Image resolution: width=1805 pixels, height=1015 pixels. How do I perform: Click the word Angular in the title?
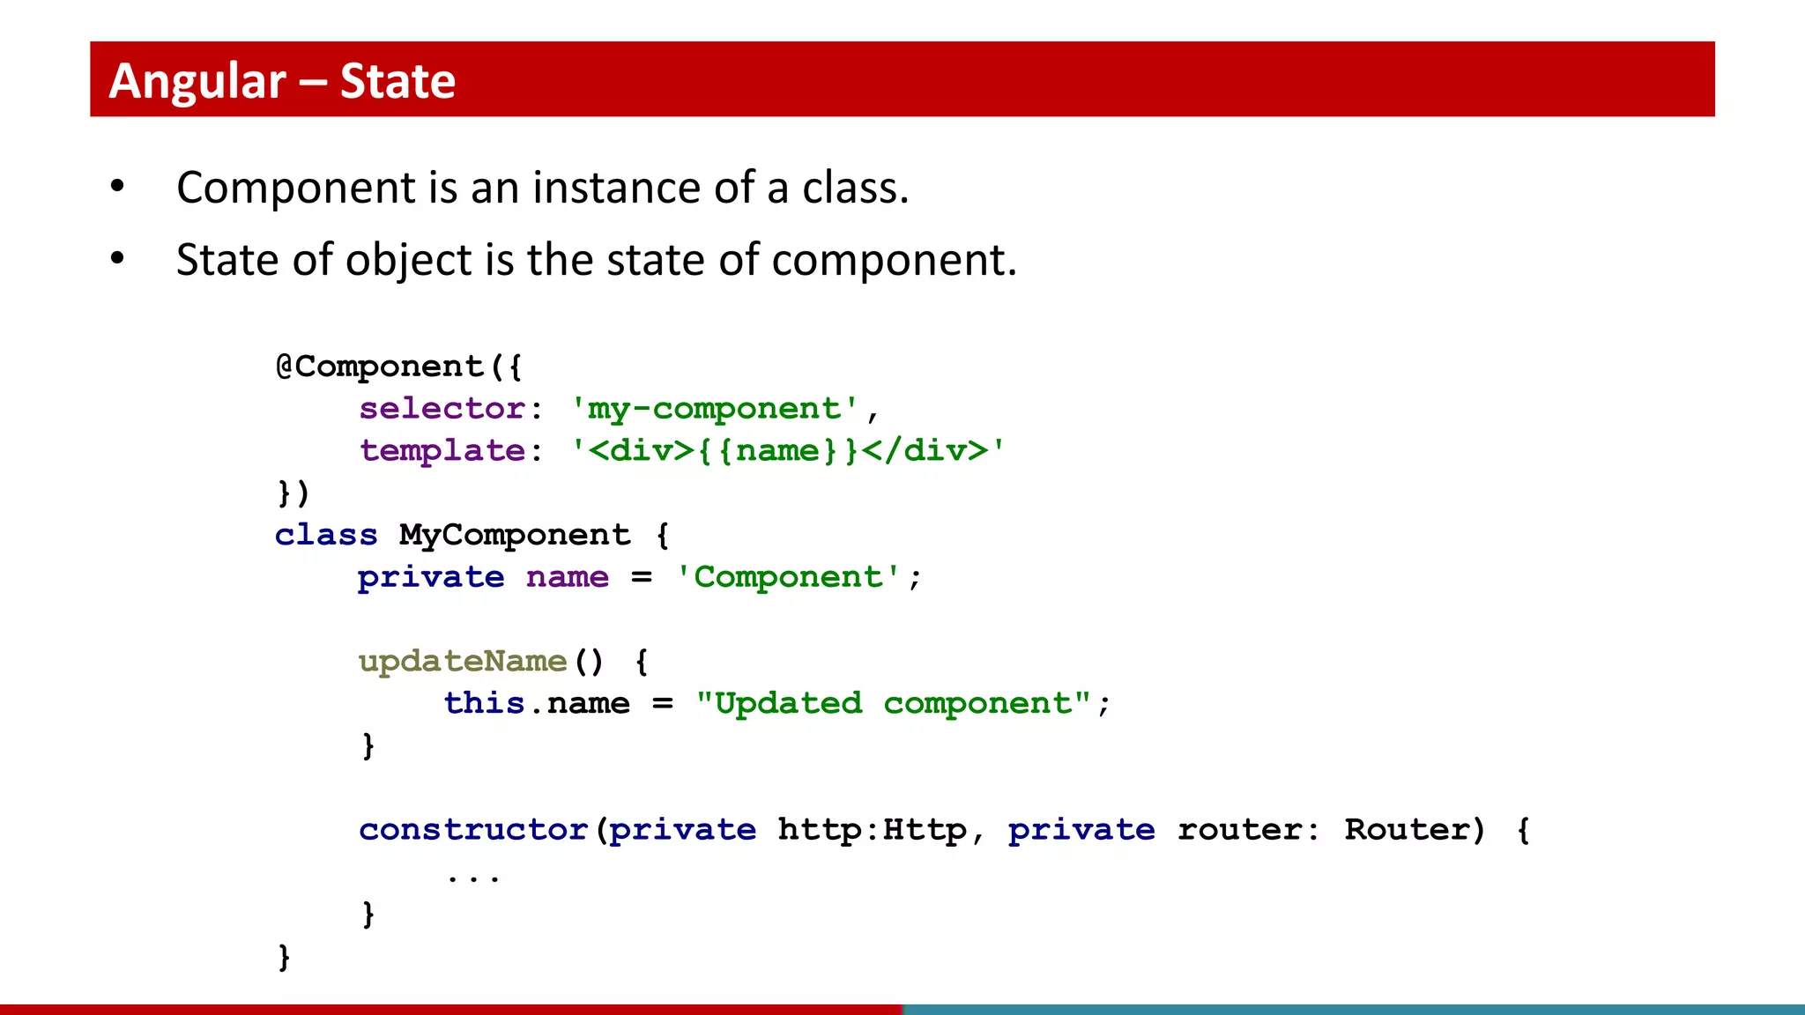tap(197, 81)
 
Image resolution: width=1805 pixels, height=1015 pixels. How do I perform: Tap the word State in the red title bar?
tap(397, 81)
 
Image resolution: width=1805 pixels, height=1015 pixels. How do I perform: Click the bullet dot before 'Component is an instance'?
tap(117, 187)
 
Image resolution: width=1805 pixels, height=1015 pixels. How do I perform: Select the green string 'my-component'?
tap(715, 409)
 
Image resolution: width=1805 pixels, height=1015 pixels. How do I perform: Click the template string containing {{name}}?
tap(787, 451)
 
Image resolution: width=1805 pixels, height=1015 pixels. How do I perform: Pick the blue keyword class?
tap(326, 535)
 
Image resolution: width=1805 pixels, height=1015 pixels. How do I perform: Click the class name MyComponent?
tap(515, 535)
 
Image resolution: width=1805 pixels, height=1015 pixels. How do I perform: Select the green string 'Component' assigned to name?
tap(788, 577)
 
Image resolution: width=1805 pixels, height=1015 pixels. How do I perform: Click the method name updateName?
tap(463, 661)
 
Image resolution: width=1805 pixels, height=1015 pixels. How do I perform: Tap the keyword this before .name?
tap(484, 703)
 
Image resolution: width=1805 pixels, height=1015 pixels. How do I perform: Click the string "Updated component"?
tap(894, 703)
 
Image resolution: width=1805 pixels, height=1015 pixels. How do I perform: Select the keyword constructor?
tap(473, 830)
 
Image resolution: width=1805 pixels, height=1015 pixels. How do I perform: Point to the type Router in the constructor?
tap(1408, 830)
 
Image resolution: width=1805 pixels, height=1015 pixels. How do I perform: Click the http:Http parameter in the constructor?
tap(872, 830)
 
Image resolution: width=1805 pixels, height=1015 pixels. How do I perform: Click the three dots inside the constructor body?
tap(473, 878)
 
